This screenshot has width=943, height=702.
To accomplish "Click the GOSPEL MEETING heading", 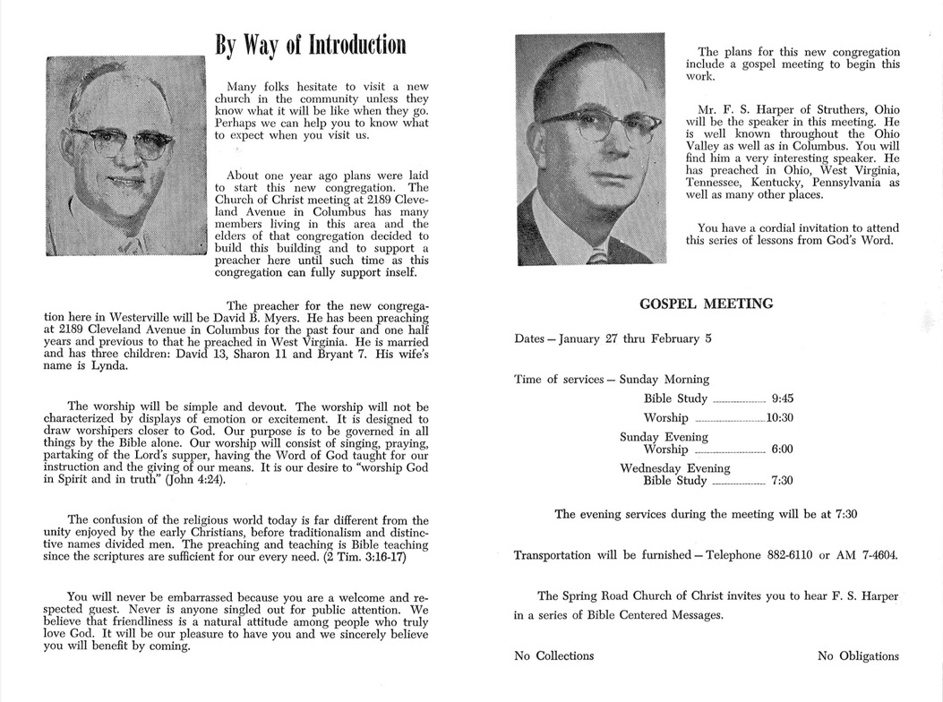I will [707, 304].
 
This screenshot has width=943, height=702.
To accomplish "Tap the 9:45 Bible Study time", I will [783, 398].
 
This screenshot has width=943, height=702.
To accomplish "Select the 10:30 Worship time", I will [780, 418].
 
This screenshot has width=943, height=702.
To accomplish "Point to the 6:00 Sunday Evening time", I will [783, 449].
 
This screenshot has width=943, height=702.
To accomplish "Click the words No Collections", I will [553, 655].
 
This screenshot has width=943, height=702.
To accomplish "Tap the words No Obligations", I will [858, 655].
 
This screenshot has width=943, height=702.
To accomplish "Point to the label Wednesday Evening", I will [675, 468].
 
